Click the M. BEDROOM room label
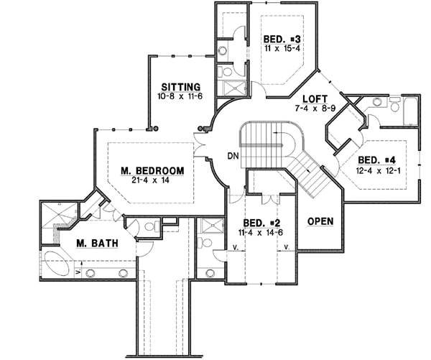[x=152, y=170]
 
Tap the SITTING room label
[x=175, y=85]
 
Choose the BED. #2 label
[x=258, y=223]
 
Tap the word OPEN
[x=320, y=221]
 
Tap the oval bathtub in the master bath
[x=59, y=263]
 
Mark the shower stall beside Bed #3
[x=234, y=88]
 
